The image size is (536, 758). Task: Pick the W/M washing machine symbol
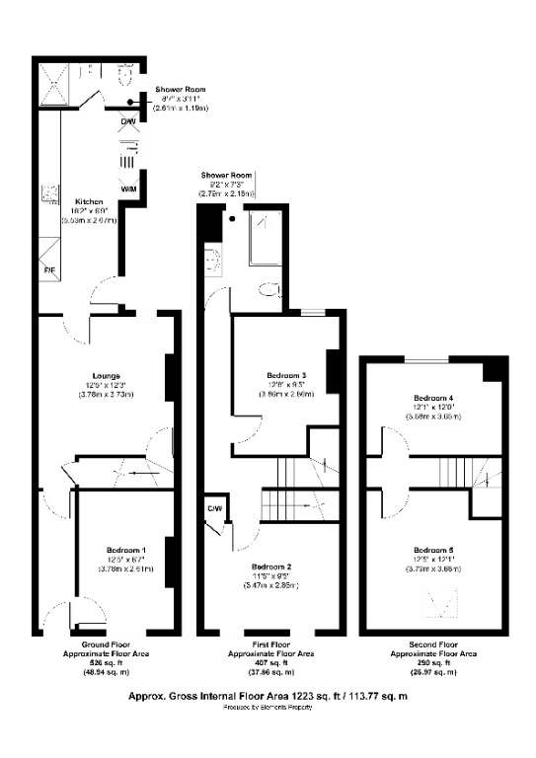(128, 187)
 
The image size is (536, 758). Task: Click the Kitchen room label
(89, 201)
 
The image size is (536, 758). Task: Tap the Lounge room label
(107, 375)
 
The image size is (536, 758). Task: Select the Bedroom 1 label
(125, 549)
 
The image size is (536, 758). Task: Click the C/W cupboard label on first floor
(213, 508)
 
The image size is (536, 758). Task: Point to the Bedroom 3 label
(286, 375)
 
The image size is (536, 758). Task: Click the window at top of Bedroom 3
(314, 313)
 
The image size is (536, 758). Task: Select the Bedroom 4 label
(432, 398)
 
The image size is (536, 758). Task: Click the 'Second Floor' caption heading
(434, 644)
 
